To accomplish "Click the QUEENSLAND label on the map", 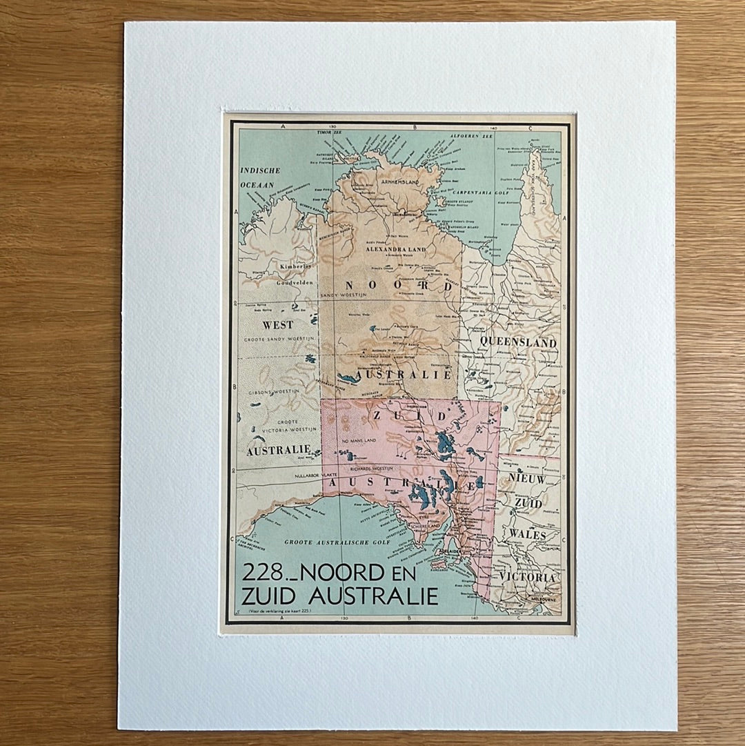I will tap(518, 342).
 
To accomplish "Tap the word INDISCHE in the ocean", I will tap(260, 170).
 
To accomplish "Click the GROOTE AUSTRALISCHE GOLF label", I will tap(337, 542).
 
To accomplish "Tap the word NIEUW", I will tap(528, 478).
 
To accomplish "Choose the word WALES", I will tap(528, 535).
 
